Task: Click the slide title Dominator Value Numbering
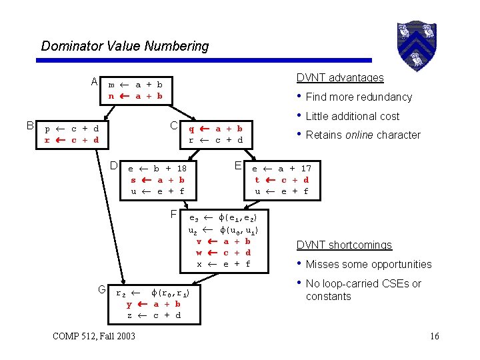[x=125, y=46]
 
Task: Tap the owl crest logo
[x=416, y=44]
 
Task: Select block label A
[x=95, y=82]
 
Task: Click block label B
[x=29, y=125]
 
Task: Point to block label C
[x=173, y=125]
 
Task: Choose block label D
[x=114, y=165]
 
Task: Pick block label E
[x=238, y=165]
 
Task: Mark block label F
[x=173, y=215]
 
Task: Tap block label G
[x=102, y=289]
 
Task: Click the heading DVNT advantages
[x=340, y=77]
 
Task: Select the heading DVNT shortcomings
[x=344, y=245]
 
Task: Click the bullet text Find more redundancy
[x=359, y=97]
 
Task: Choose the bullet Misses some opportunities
[x=369, y=264]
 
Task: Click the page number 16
[x=434, y=336]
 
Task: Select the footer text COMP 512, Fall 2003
[x=93, y=335]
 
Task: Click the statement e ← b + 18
[x=157, y=169]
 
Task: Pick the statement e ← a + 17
[x=281, y=169]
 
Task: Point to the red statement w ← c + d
[x=223, y=253]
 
